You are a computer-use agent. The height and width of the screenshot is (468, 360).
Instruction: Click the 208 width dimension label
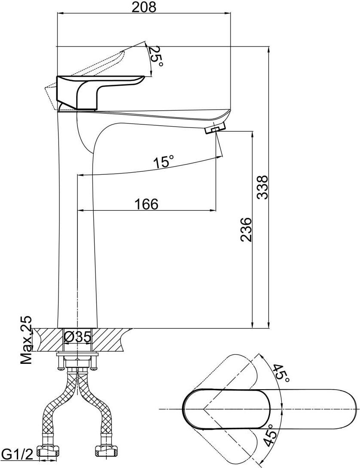pyautogui.click(x=144, y=7)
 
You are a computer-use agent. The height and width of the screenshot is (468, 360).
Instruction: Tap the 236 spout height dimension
pyautogui.click(x=246, y=229)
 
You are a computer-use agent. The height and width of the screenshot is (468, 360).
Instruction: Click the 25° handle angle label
pyautogui.click(x=156, y=56)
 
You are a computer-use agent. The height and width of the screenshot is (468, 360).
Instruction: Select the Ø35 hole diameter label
pyautogui.click(x=78, y=337)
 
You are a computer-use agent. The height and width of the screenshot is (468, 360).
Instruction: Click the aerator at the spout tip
pyautogui.click(x=215, y=128)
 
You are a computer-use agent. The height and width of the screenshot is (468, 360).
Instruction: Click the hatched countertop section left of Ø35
pyautogui.click(x=47, y=339)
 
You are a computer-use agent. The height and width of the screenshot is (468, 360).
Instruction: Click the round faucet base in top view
pyautogui.click(x=202, y=409)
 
